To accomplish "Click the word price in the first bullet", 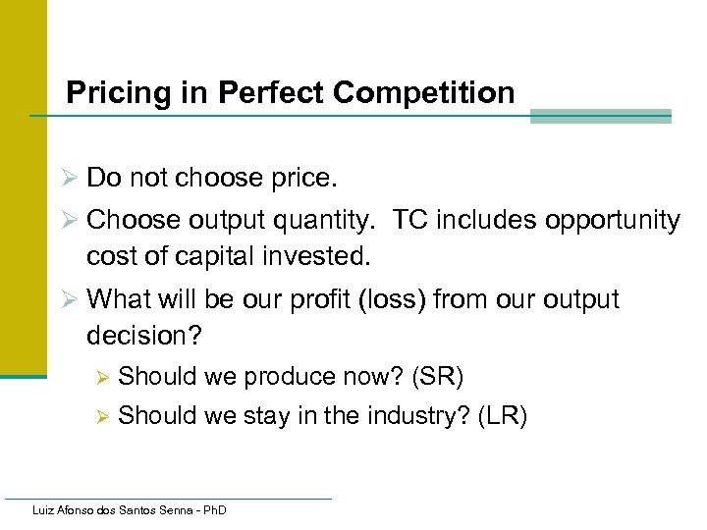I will point(299,180).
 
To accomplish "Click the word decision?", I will point(144,336).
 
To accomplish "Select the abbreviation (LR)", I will point(503,417).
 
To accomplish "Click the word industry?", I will point(418,417).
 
